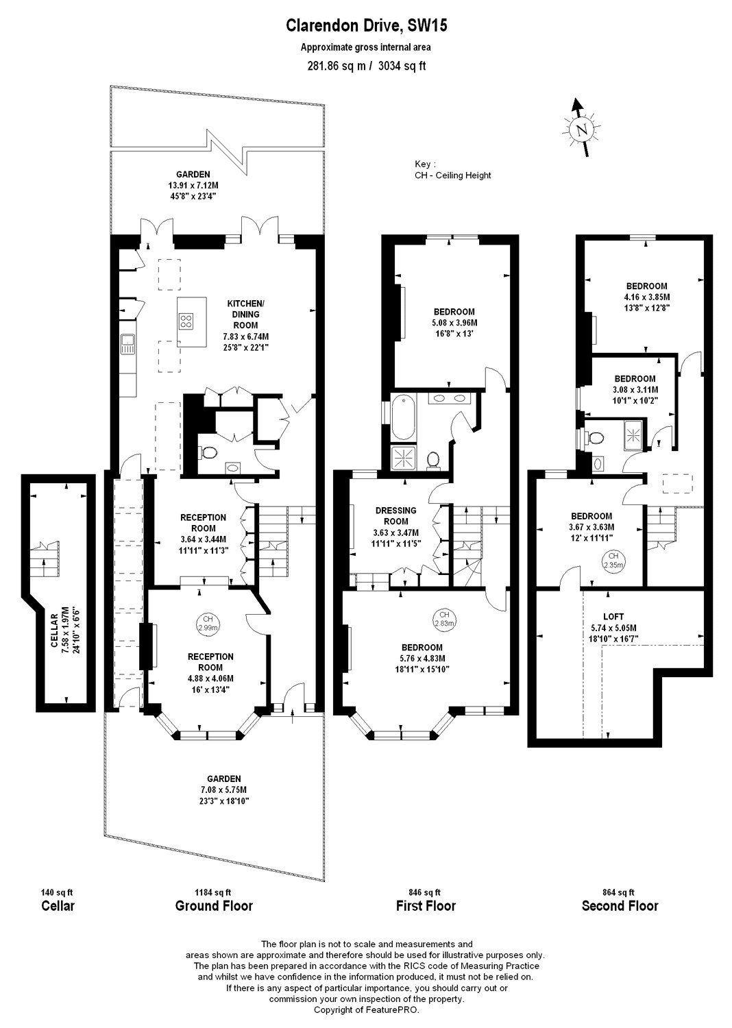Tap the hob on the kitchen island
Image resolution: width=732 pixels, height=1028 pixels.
point(186,320)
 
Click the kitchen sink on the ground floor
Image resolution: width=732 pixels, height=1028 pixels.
point(127,344)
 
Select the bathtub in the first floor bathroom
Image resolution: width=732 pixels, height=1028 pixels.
point(404,419)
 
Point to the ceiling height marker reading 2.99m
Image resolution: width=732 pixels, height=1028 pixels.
point(208,623)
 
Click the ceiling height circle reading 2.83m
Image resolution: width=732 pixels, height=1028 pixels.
point(443,619)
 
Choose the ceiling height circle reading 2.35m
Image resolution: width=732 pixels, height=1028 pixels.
point(613,561)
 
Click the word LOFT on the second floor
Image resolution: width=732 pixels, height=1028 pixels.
point(613,616)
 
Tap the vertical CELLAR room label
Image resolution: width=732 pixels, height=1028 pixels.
point(54,631)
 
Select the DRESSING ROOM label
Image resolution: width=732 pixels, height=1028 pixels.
point(395,516)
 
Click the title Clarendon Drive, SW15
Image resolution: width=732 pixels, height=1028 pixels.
point(366,25)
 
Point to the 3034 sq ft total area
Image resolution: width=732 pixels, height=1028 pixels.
point(402,66)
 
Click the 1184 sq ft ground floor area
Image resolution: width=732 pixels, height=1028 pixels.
point(213,892)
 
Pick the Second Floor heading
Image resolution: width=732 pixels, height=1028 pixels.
point(620,906)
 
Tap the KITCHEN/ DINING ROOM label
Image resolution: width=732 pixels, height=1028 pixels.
point(245,315)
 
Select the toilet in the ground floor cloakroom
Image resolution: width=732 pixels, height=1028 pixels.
point(208,453)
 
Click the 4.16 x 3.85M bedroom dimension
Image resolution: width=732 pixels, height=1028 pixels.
point(646,297)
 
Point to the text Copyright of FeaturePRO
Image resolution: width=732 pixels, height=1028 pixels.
point(366,1009)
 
